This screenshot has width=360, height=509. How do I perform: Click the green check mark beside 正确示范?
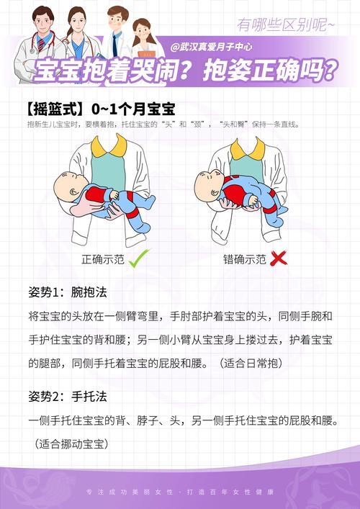pos(138,258)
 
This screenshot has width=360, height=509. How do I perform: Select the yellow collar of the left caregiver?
pos(108,147)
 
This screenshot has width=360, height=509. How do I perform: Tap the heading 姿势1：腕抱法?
pos(68,292)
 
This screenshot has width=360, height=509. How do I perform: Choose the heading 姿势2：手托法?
pos(68,397)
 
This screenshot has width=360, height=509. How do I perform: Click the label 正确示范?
pos(103,258)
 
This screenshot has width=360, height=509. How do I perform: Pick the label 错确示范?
pos(245,258)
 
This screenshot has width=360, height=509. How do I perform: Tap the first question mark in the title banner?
pos(186,71)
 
